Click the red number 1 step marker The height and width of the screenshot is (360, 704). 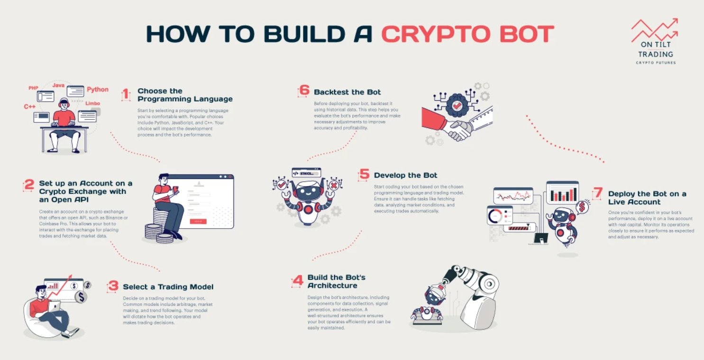point(126,94)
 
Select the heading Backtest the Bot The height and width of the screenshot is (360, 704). point(347,92)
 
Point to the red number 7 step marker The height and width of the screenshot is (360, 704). point(598,193)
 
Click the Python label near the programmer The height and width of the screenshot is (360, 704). point(98,90)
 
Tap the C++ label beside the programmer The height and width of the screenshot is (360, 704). point(30,107)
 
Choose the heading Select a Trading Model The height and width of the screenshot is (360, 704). point(168,286)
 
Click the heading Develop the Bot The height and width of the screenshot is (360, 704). point(405,175)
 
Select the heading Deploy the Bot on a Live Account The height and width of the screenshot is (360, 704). point(647,198)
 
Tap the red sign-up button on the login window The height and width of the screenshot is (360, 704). point(198,221)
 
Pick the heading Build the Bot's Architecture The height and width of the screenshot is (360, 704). point(336,281)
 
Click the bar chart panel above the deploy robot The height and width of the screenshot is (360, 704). point(562,193)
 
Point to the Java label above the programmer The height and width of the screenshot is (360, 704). point(58,85)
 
